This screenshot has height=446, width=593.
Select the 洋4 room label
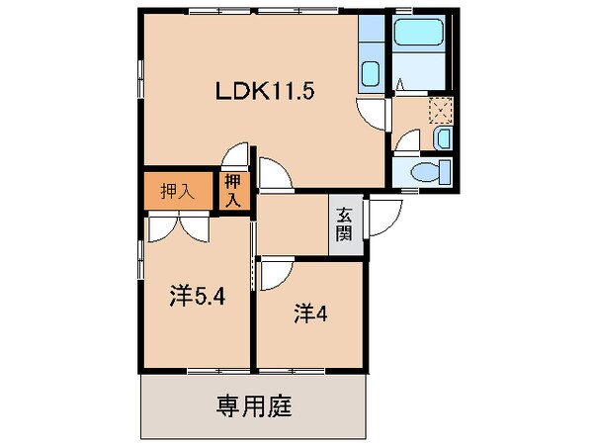click(309, 313)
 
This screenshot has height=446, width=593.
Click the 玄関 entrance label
click(343, 225)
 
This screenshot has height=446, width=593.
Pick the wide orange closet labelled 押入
click(178, 191)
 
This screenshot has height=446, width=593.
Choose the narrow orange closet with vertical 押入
click(232, 191)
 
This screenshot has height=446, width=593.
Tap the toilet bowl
click(426, 172)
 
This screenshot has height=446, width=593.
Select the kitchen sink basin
click(371, 74)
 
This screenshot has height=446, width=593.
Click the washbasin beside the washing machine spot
click(443, 137)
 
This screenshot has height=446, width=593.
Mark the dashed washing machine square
click(440, 109)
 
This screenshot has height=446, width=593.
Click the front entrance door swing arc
click(383, 218)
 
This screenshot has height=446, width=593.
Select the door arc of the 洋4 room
click(276, 273)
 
